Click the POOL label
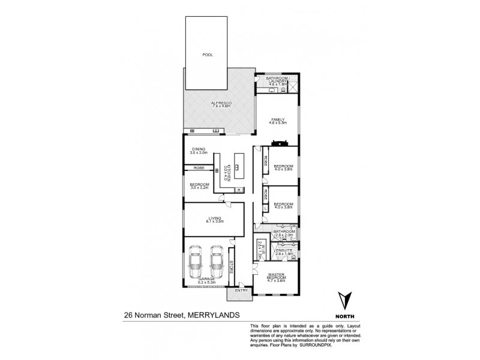coord(208,55)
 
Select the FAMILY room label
coord(277,120)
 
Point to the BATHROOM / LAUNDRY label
coord(277,80)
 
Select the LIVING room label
coord(215,218)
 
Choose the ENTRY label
coord(241,291)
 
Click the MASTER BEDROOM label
coord(277,277)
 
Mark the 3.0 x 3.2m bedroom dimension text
coord(199,188)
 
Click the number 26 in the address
coord(128,313)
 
